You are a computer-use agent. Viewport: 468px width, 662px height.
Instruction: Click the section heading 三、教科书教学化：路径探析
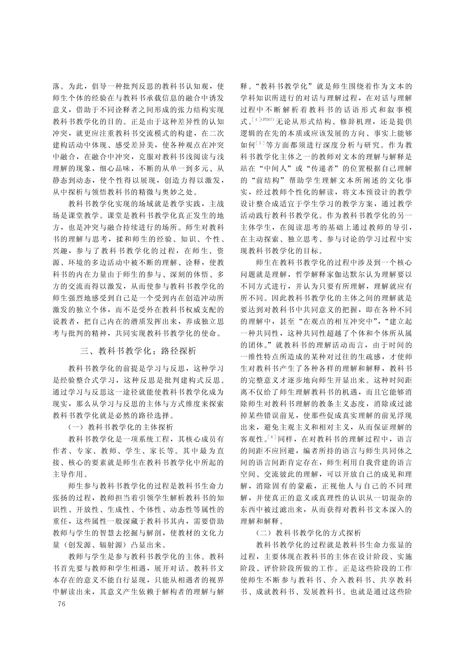click(138, 351)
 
